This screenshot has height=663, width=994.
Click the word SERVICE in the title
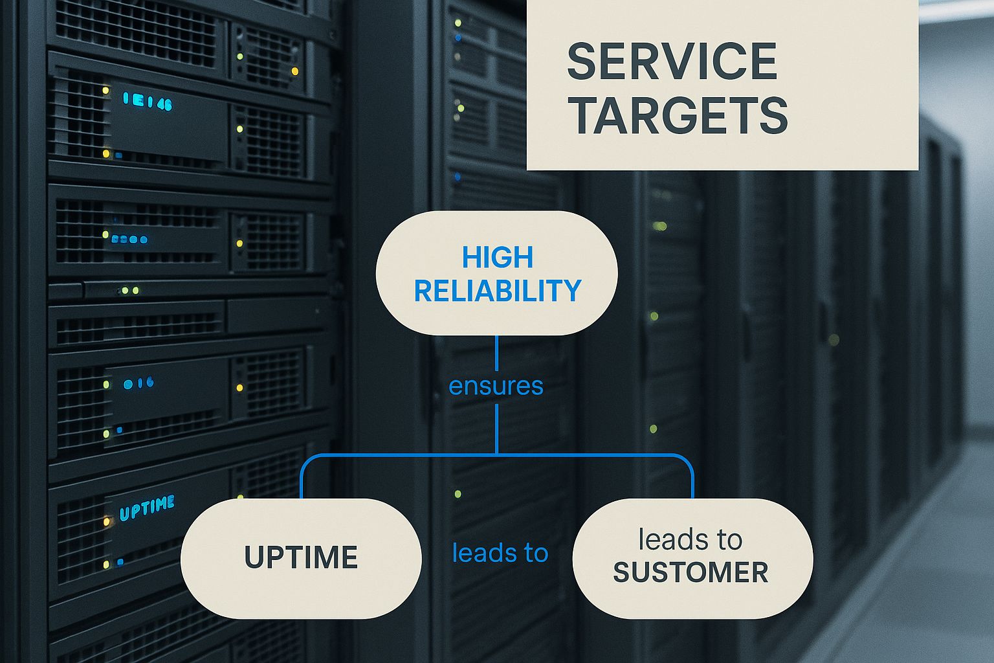(x=672, y=62)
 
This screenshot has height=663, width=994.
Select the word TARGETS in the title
(x=678, y=116)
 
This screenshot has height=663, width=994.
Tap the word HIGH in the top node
(x=497, y=258)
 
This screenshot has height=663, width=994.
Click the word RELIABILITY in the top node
(x=497, y=291)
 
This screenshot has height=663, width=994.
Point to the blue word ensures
(x=496, y=386)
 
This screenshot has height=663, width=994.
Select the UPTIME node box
(x=301, y=558)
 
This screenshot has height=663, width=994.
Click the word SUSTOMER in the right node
(x=690, y=572)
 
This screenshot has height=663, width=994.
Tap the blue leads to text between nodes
(x=500, y=553)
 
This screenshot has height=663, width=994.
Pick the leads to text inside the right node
(x=690, y=539)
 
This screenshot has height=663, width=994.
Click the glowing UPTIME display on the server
(x=147, y=508)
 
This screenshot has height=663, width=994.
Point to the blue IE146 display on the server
(x=148, y=102)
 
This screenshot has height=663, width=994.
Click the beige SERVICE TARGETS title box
(x=722, y=85)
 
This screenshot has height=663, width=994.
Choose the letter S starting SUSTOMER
(x=621, y=572)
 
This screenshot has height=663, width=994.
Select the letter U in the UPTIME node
(x=253, y=558)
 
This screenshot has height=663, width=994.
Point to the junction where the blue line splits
(x=496, y=455)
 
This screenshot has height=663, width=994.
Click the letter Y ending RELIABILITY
(x=573, y=291)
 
